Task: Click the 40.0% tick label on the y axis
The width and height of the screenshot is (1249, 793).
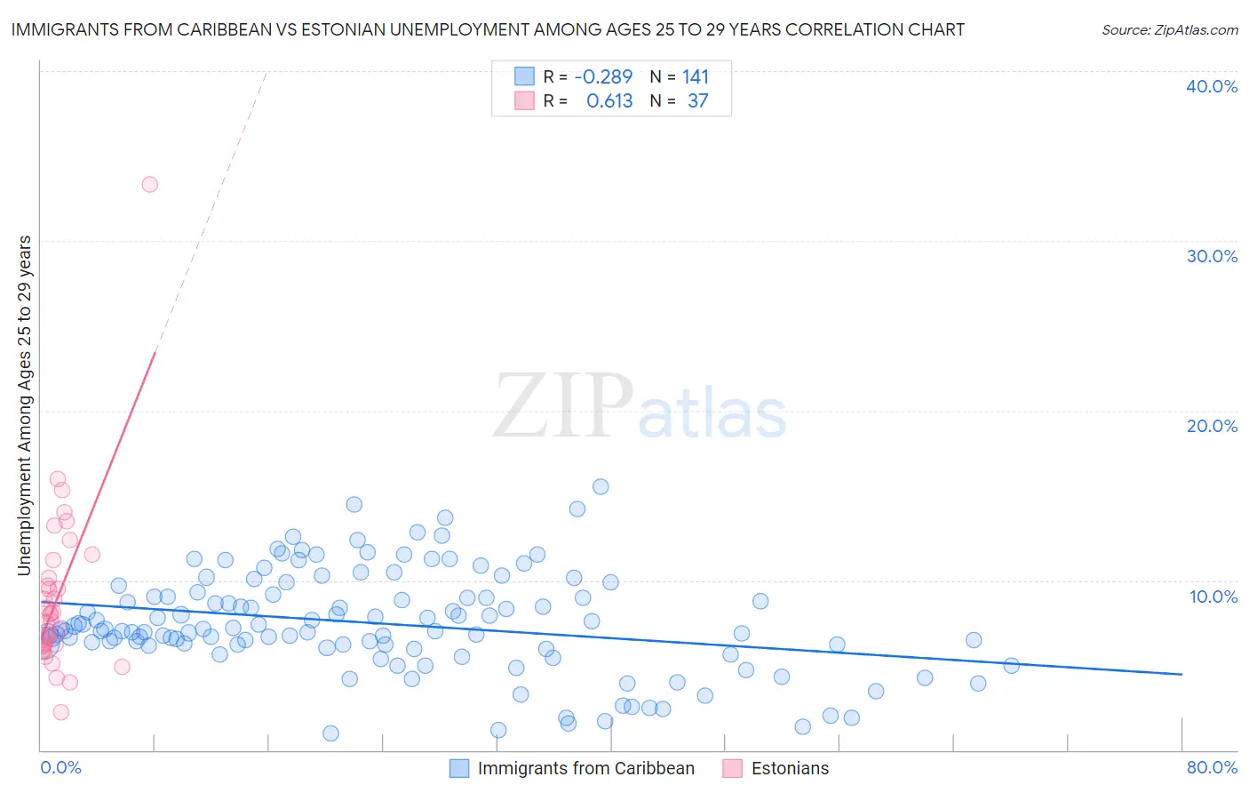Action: click(1212, 86)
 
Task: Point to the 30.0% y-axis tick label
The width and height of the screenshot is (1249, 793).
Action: click(1212, 256)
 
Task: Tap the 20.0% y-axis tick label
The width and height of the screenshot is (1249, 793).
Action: click(1212, 426)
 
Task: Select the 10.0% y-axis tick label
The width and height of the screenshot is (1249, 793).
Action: click(1213, 597)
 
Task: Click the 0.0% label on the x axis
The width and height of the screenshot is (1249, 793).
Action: click(60, 767)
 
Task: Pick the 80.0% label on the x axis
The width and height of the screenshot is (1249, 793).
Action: click(1212, 767)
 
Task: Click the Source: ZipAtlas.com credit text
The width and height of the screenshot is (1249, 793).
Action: click(1169, 29)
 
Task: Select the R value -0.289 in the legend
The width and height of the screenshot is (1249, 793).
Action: click(603, 77)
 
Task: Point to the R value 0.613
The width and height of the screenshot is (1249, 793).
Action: click(609, 101)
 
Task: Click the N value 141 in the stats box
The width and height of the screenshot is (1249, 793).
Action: click(696, 77)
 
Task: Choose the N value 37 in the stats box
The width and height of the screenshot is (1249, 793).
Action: click(698, 101)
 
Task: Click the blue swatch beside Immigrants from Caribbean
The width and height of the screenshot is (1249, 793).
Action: click(458, 768)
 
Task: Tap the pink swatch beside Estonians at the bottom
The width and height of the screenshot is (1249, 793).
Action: click(732, 768)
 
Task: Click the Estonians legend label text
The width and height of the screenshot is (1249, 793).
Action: click(790, 768)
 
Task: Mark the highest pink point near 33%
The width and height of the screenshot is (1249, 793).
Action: click(150, 185)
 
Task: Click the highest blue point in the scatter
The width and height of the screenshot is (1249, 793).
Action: click(601, 486)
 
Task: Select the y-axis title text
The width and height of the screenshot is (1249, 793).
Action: click(25, 405)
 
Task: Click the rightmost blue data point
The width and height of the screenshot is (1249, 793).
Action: click(1011, 665)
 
